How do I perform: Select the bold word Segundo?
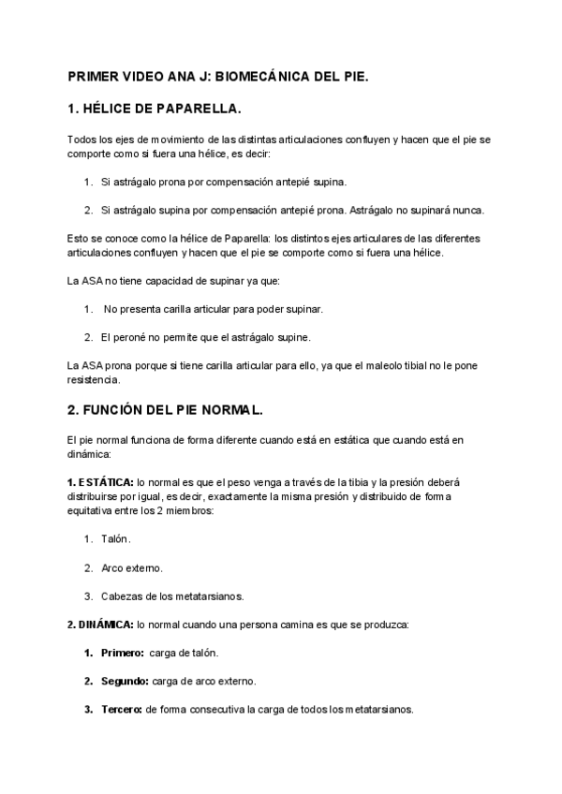tap(125, 681)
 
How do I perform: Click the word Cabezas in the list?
tap(120, 595)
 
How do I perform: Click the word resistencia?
tap(95, 381)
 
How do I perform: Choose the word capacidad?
tap(160, 280)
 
